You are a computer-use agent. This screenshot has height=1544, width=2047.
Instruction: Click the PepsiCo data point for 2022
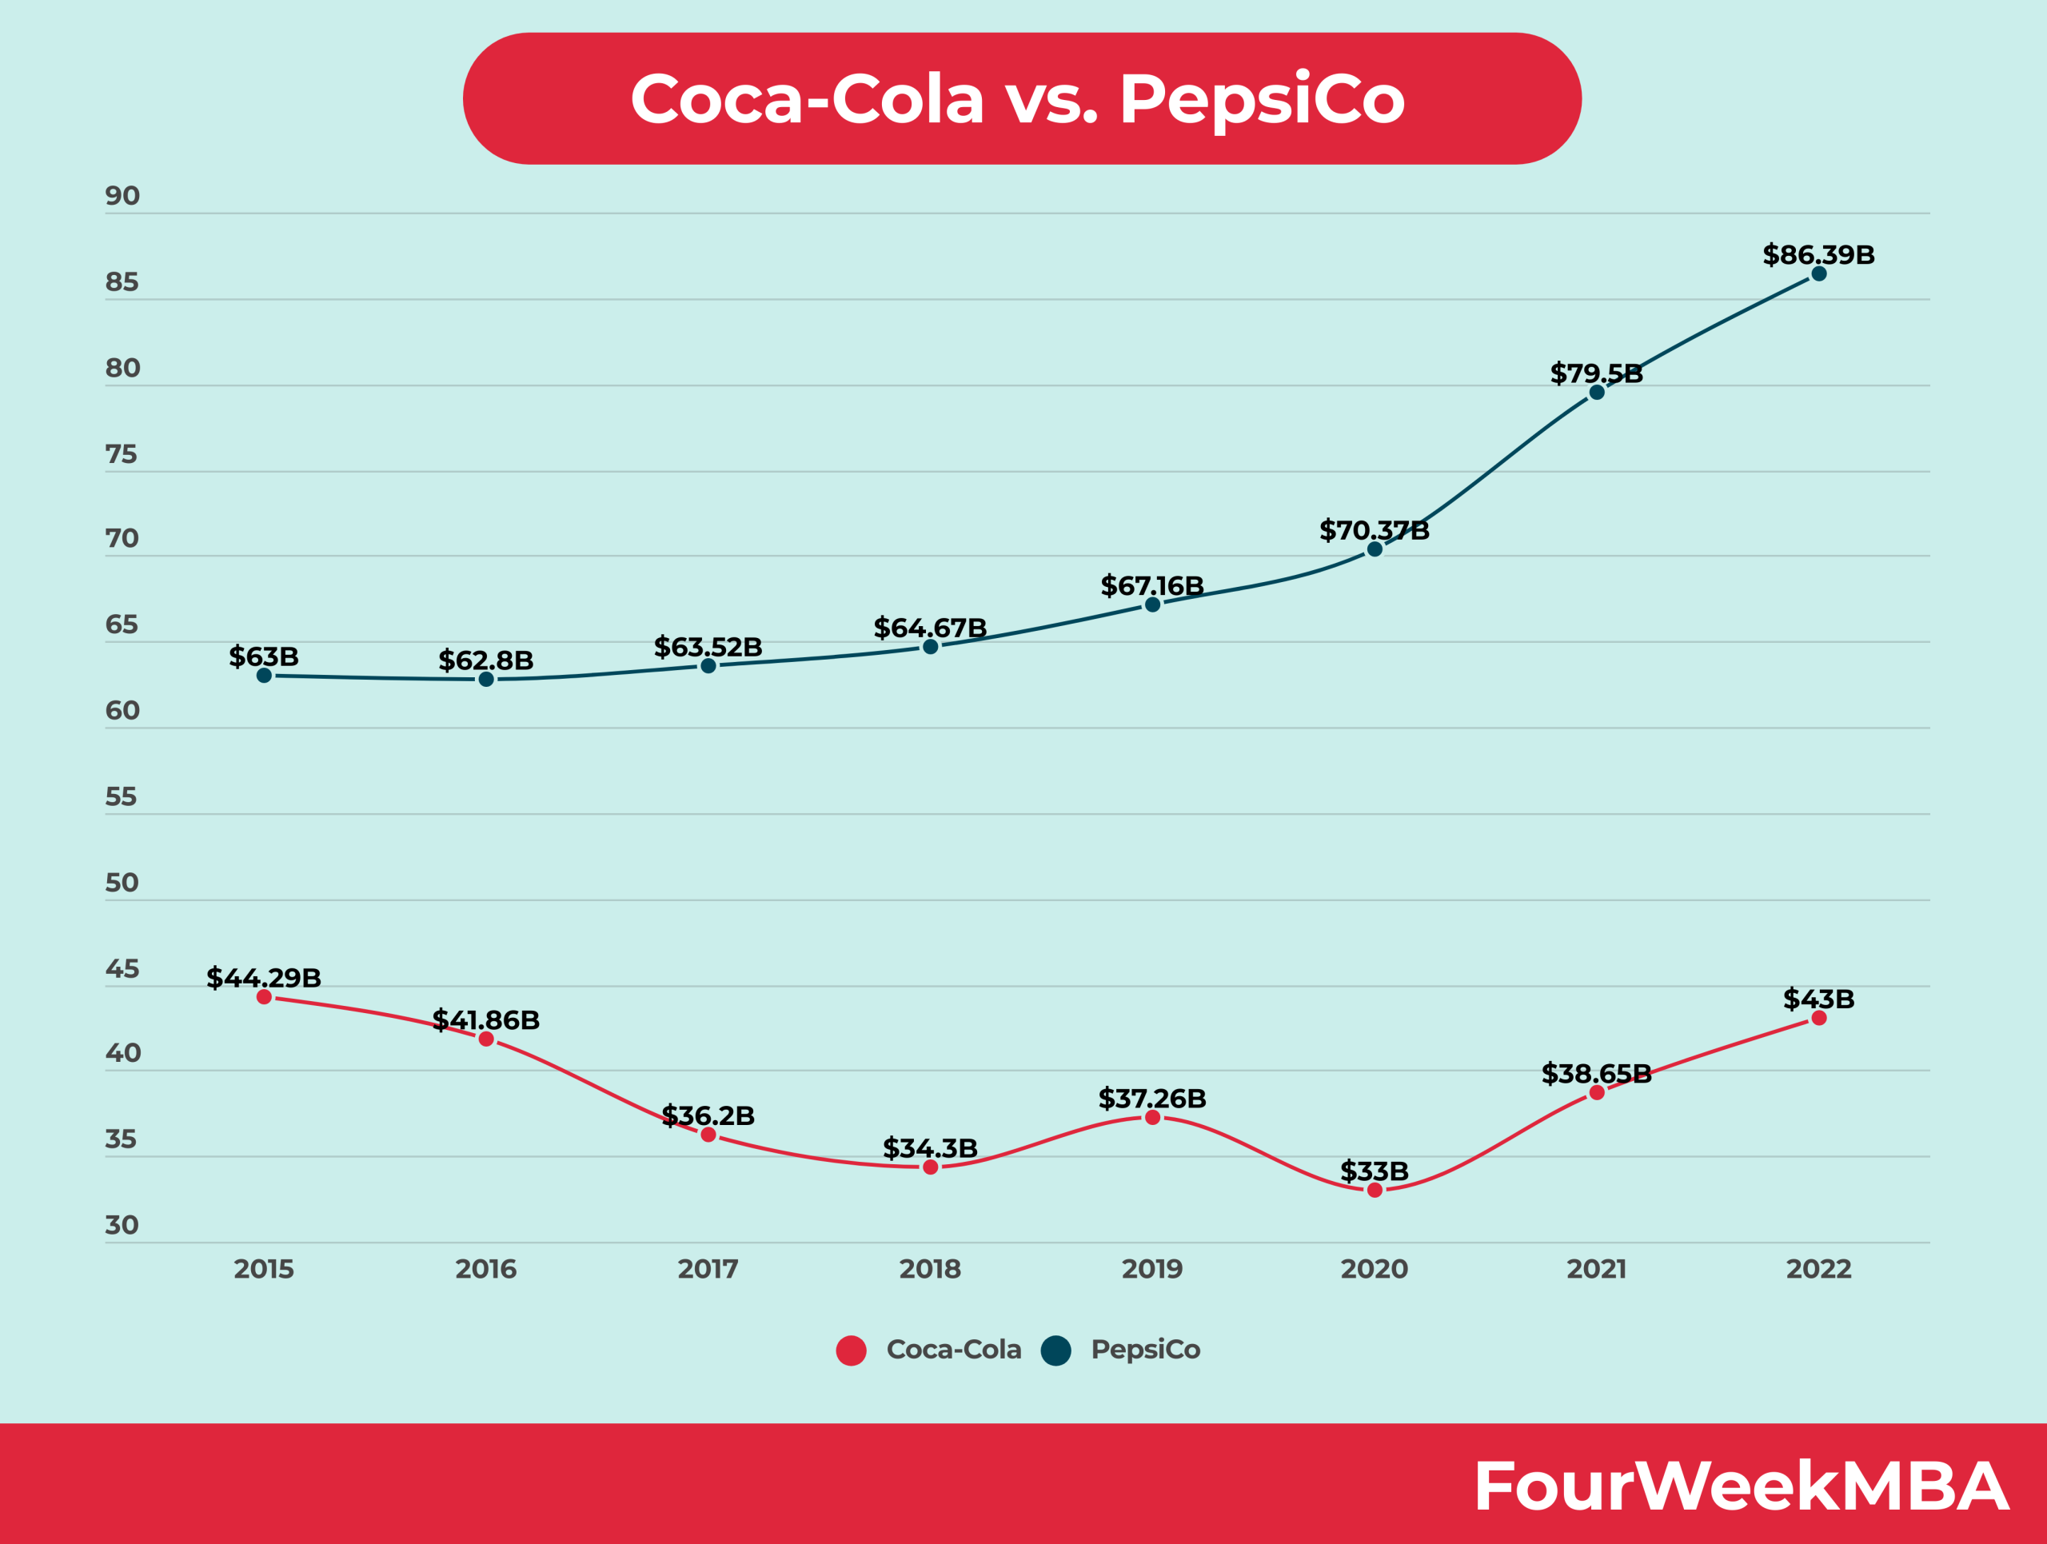(1818, 273)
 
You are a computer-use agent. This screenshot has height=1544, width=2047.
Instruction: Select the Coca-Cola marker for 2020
(1375, 1190)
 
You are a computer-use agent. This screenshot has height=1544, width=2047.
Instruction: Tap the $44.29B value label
(264, 978)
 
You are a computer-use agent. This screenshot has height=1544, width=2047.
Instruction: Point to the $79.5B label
(1596, 373)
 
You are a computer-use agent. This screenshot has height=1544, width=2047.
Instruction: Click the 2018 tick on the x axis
(930, 1269)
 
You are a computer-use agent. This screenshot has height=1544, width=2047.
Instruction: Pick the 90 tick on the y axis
(122, 196)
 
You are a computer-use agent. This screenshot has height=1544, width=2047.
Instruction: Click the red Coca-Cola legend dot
(851, 1351)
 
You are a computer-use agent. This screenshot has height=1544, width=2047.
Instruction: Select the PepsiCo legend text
(1145, 1350)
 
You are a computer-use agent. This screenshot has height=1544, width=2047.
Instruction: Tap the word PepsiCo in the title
(1263, 99)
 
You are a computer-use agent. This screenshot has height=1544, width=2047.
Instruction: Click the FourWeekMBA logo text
(1741, 1486)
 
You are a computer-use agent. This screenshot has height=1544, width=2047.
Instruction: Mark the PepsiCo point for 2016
(486, 680)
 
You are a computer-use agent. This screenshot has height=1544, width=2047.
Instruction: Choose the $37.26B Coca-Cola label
(1152, 1099)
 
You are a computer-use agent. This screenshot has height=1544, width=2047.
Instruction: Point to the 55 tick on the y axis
(122, 796)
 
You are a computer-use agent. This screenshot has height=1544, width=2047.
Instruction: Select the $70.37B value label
(1375, 531)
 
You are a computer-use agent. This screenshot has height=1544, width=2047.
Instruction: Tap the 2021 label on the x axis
(1596, 1269)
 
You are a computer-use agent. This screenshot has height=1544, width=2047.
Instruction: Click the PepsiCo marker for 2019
(1152, 605)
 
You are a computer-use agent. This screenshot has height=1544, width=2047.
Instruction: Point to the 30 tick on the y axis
(122, 1226)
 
